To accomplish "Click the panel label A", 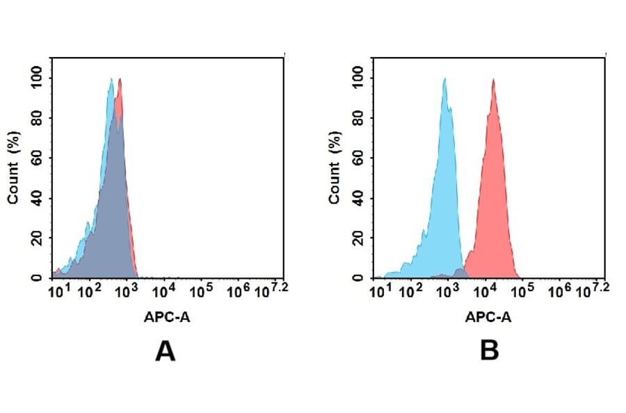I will [x=165, y=352].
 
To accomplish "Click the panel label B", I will [x=489, y=352].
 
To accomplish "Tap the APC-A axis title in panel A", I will [x=167, y=317].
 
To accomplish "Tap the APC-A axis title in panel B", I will [x=488, y=317].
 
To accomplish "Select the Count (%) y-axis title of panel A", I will [x=13, y=168].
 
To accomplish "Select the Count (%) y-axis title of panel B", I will [x=335, y=168].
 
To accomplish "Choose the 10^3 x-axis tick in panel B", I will [x=450, y=289].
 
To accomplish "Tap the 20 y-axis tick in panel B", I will [x=358, y=238].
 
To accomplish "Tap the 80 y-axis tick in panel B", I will [x=358, y=118].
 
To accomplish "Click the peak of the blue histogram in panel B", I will [x=444, y=79].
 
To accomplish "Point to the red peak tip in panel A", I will [x=120, y=79].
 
